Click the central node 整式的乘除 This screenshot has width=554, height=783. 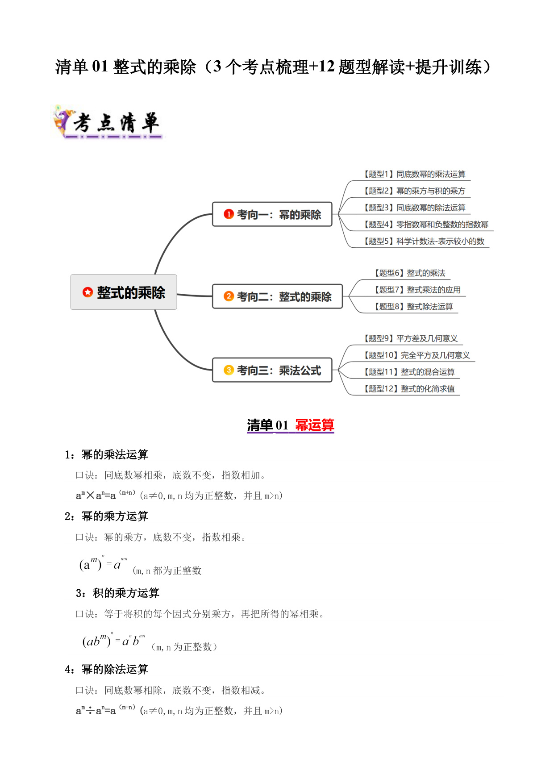pos(124,292)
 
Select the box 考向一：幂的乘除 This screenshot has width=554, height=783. pos(272,214)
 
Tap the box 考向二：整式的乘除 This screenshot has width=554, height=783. pos(277,296)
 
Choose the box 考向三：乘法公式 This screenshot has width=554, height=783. pos(272,370)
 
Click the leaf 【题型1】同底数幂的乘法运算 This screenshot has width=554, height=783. pos(414,174)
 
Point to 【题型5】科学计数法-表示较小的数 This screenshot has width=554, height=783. pos(424,242)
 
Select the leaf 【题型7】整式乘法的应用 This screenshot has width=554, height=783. pos(417,290)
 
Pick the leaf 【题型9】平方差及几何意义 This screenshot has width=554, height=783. pos(411,338)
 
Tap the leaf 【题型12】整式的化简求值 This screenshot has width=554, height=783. pos(409,389)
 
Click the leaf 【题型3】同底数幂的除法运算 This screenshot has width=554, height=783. pos(414,208)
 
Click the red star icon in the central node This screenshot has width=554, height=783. pos(87,292)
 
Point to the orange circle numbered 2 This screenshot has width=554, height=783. pos(229,296)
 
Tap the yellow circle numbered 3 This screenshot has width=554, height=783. pos(229,370)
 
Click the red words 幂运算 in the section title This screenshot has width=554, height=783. pos(315,425)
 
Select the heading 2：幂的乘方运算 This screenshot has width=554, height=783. pos(106,516)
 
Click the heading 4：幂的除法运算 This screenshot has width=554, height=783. pos(106,670)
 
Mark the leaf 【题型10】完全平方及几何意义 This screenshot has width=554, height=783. pos(417,355)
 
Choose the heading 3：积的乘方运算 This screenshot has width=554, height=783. pos(117,593)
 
